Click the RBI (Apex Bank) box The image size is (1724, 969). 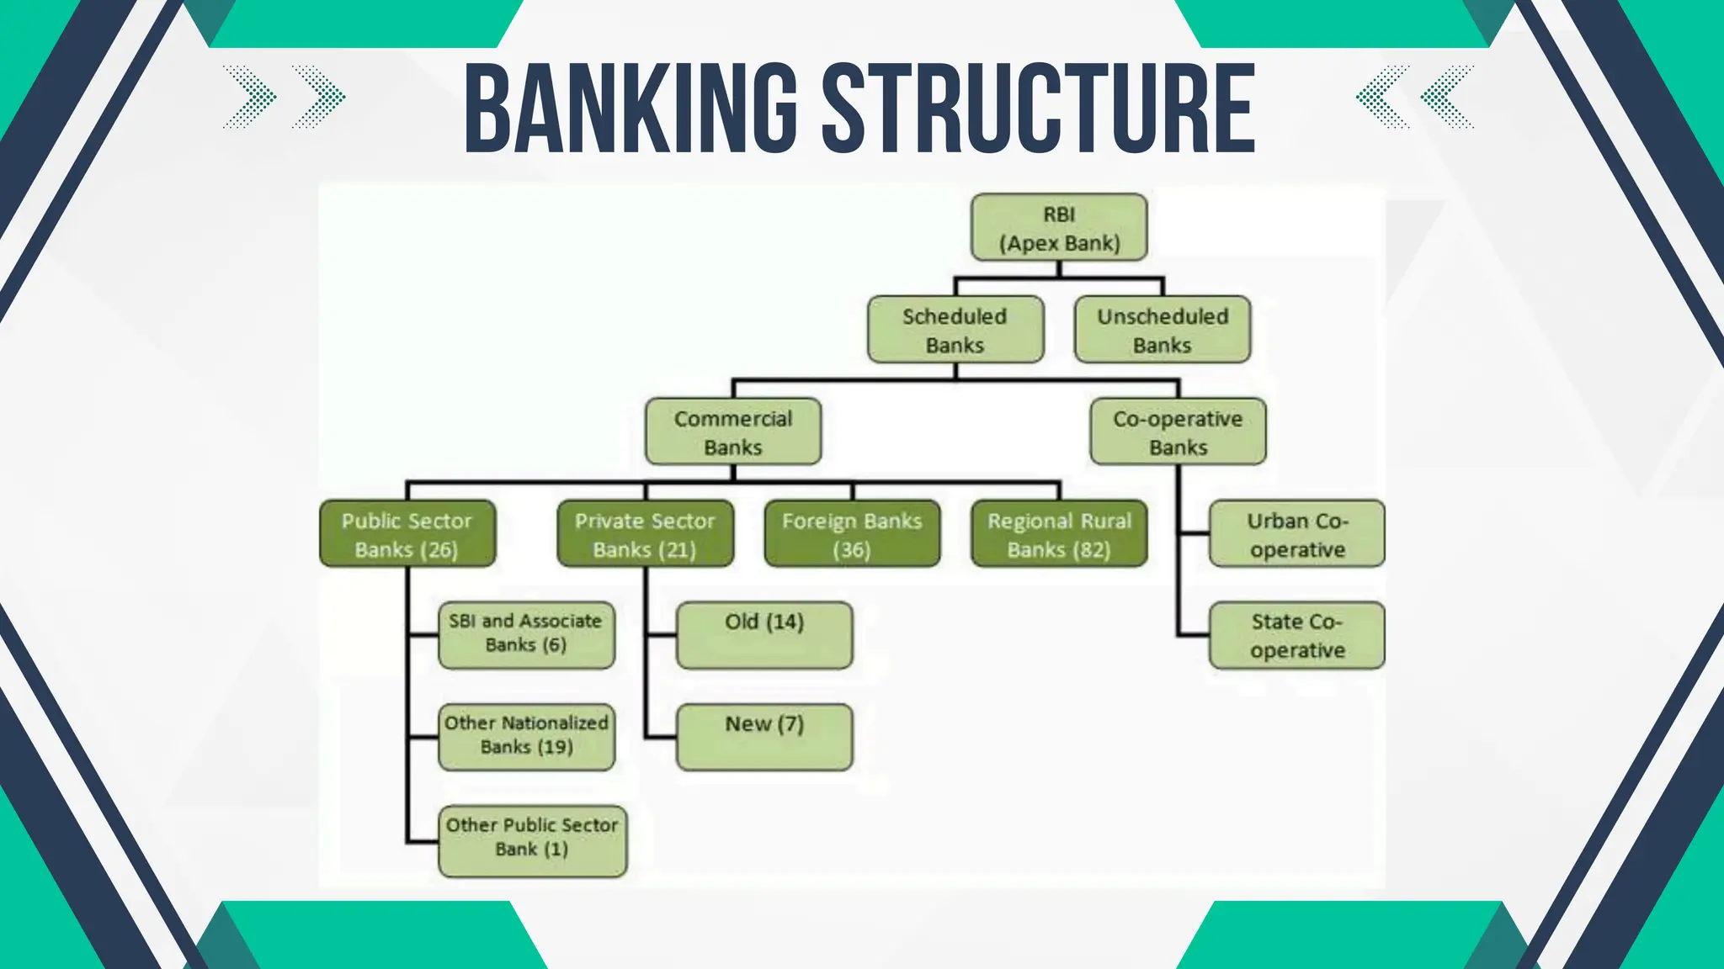(x=1059, y=228)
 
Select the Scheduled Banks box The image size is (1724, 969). (x=955, y=330)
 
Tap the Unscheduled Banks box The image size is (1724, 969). (x=1163, y=330)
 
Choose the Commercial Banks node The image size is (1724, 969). (x=733, y=432)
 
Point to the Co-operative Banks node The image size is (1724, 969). (x=1178, y=432)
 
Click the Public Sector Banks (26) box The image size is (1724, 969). (x=407, y=534)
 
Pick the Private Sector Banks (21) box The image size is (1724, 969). (x=645, y=534)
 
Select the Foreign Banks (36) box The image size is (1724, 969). (x=852, y=534)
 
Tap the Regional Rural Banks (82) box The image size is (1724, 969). (x=1059, y=534)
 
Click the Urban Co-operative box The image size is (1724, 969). (x=1297, y=534)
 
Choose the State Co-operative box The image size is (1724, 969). (x=1297, y=636)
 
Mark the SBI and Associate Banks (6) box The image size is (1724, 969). (x=526, y=635)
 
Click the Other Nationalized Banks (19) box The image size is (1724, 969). (x=526, y=737)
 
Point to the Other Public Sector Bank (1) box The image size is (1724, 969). (x=532, y=841)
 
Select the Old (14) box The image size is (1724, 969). (x=764, y=635)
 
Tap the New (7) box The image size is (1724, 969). (x=764, y=737)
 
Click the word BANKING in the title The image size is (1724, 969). (x=631, y=109)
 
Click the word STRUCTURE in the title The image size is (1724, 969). (x=1038, y=109)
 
